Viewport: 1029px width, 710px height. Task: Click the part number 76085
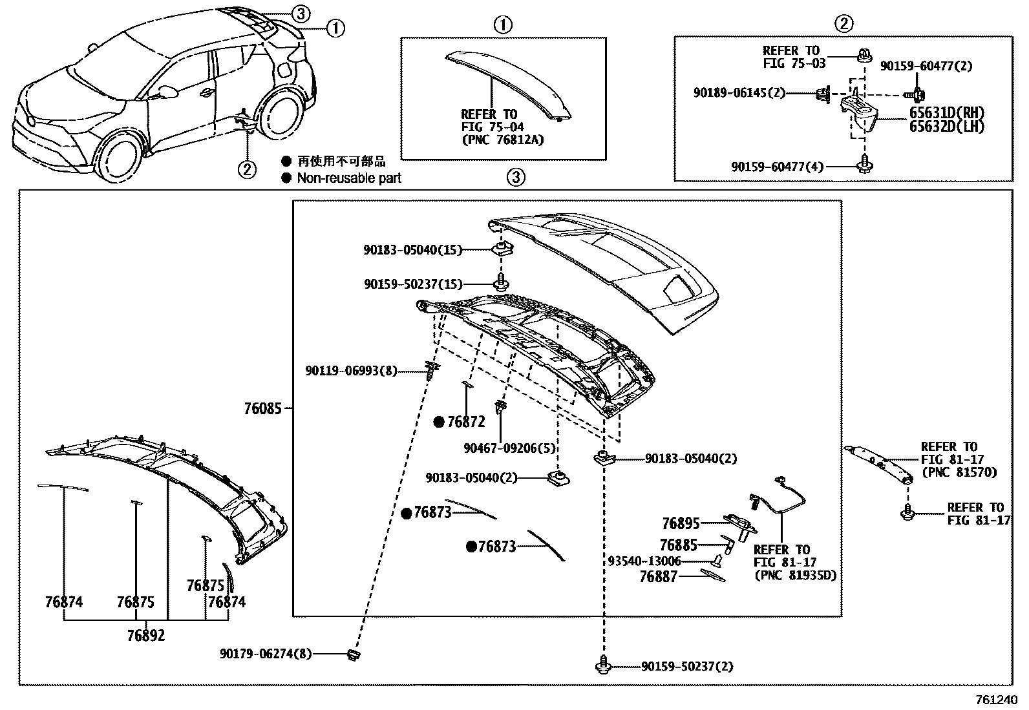[x=262, y=409]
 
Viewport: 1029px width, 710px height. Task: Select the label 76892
[x=145, y=636]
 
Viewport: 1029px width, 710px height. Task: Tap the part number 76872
[x=465, y=423]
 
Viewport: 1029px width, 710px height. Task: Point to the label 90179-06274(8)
[x=265, y=654]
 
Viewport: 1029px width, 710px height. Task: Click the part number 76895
[x=681, y=523]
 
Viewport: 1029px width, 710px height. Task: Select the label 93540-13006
[x=644, y=561]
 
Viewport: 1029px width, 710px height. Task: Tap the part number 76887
[x=658, y=577]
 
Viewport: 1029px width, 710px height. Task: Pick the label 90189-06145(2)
[x=739, y=93]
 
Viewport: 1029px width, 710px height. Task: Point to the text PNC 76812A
[x=503, y=140]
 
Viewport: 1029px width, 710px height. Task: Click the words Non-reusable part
[x=348, y=178]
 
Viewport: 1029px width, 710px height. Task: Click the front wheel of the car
[x=122, y=160]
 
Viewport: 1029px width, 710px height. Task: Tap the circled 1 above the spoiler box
[x=503, y=25]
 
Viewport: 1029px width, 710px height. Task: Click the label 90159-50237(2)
[x=687, y=666]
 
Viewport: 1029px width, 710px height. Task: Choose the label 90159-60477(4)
[x=778, y=167]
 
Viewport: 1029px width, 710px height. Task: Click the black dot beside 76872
[x=439, y=423]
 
